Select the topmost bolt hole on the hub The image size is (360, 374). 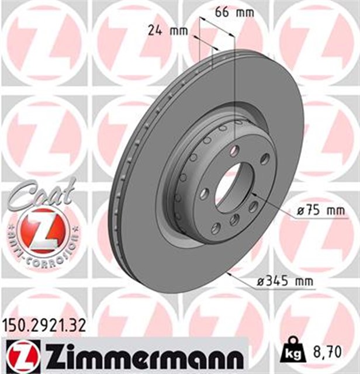tap(234, 151)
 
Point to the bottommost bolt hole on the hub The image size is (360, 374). tap(234, 219)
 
